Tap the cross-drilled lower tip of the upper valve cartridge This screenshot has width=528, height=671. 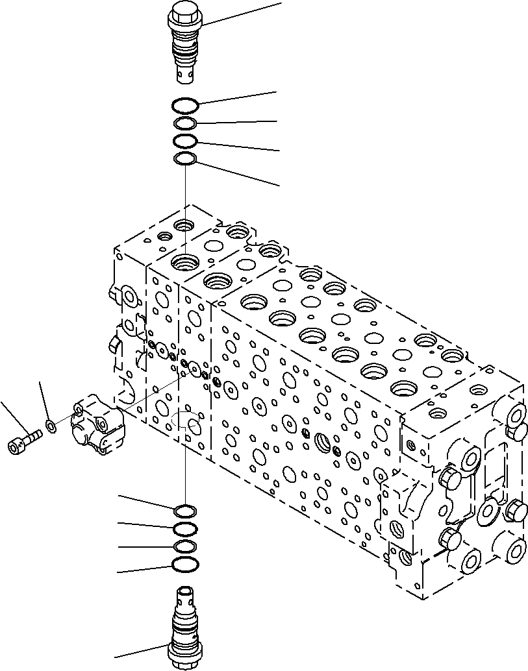[185, 75]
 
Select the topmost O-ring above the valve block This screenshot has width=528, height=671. [185, 104]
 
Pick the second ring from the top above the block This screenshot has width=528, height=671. [185, 124]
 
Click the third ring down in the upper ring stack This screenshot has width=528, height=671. [185, 141]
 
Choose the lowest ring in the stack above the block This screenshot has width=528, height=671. [185, 159]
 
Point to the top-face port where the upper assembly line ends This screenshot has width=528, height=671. [185, 262]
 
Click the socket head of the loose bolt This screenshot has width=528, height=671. [16, 446]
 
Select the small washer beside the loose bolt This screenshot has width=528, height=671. [50, 427]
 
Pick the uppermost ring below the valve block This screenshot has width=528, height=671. [185, 509]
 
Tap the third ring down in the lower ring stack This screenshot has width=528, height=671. [185, 546]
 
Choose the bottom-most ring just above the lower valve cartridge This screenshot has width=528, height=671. [185, 565]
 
